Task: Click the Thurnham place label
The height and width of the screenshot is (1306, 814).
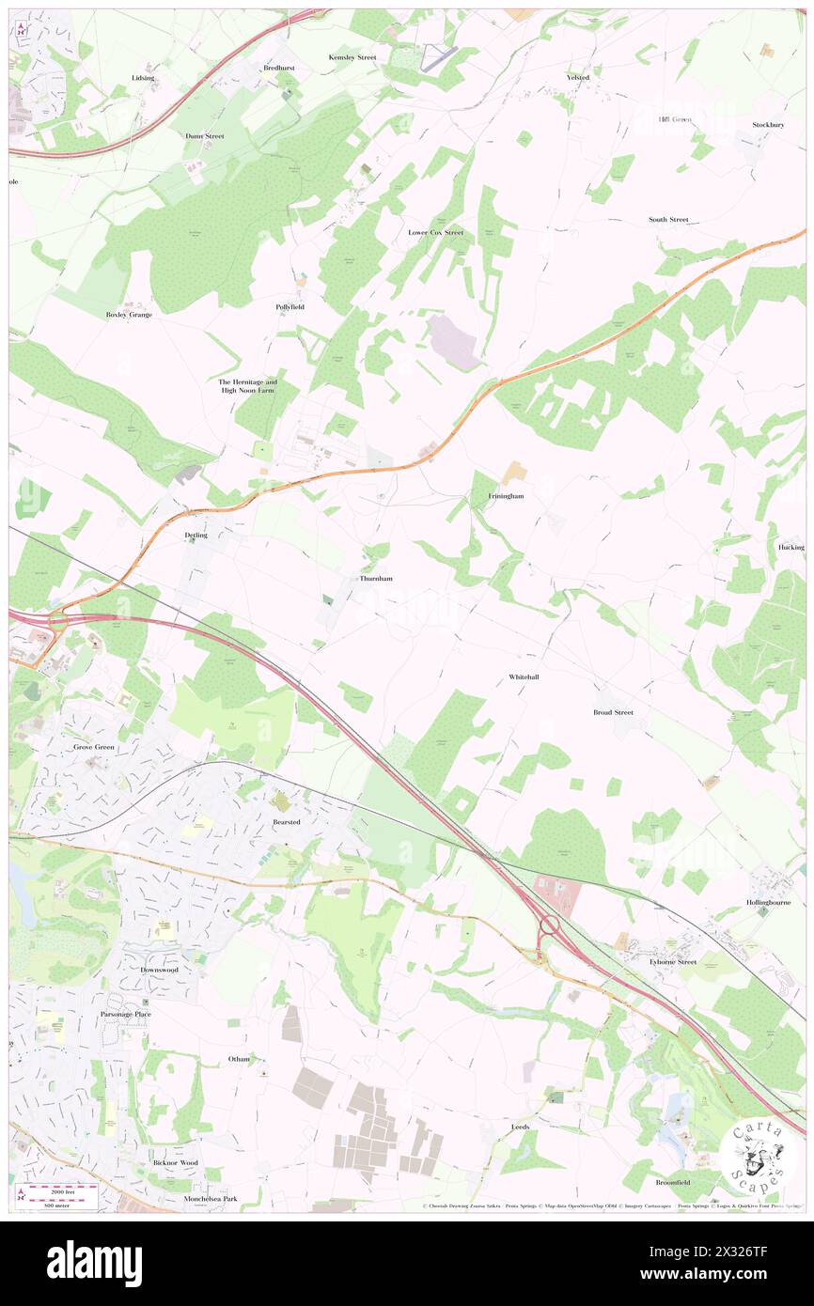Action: coord(376,579)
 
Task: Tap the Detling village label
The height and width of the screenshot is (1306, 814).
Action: coord(196,536)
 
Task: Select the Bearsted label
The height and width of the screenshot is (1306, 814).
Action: coord(286,822)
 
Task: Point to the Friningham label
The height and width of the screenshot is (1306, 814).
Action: coord(506,495)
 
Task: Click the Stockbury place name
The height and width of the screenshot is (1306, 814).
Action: coord(768,125)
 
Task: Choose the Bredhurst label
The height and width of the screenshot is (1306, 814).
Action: coord(279,69)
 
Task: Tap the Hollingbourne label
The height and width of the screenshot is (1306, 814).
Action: coord(769,902)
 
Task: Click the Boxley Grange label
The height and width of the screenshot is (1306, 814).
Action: coord(129,315)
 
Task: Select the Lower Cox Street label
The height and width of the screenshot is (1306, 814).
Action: coord(435,232)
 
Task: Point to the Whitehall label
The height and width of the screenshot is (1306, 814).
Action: coord(524,676)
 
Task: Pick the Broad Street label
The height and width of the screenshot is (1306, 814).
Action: coord(613,712)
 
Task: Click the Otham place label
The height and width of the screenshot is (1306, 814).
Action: coord(239,1059)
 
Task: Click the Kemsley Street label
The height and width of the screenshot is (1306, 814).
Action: coord(352,57)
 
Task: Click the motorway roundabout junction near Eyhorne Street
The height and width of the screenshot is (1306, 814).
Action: coord(549,926)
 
